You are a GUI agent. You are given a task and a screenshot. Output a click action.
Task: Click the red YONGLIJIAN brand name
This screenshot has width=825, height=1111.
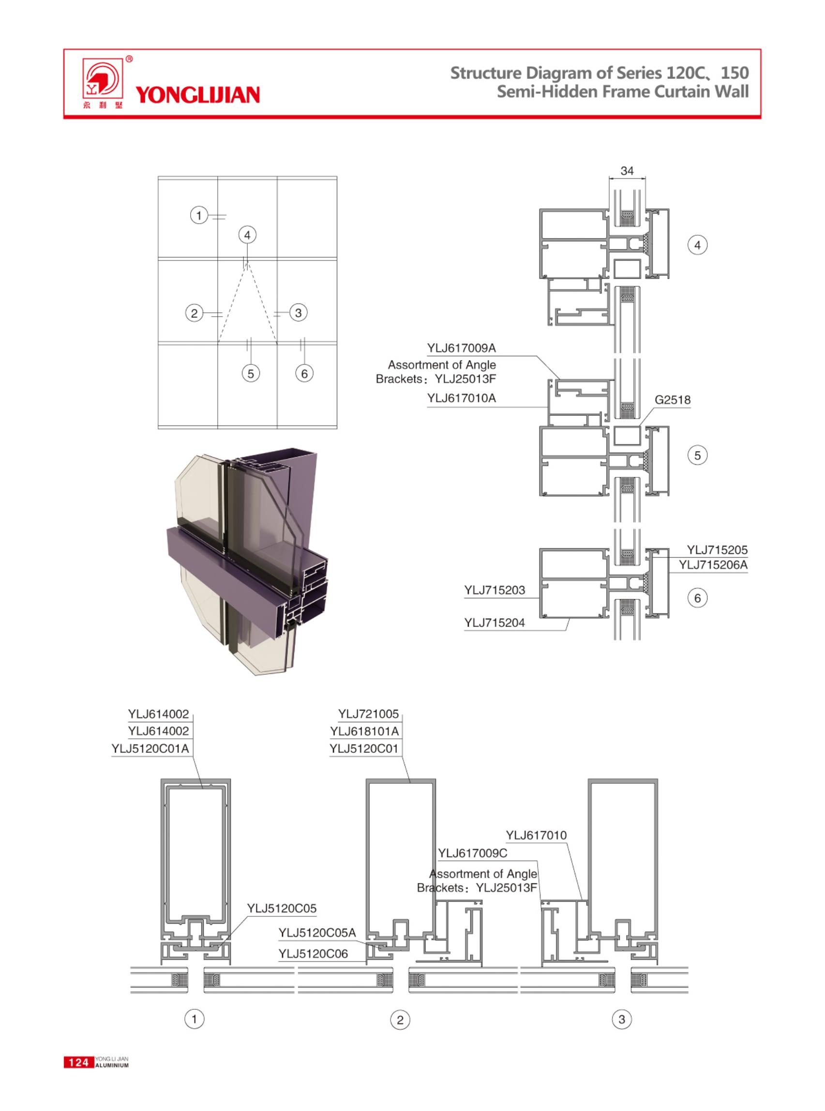(197, 94)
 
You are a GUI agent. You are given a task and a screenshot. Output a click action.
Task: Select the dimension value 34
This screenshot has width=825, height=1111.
(627, 171)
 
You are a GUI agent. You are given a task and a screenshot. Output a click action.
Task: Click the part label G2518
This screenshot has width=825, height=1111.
(672, 400)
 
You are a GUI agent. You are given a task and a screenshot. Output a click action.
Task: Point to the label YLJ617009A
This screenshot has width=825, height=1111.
(461, 348)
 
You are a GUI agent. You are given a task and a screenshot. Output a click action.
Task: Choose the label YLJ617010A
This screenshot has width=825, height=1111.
(461, 398)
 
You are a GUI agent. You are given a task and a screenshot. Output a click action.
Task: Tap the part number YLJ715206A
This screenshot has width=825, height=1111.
(713, 565)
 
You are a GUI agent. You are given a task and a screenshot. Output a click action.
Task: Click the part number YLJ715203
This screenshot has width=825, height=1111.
(495, 590)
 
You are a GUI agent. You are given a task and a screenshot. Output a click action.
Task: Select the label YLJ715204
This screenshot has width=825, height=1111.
(495, 623)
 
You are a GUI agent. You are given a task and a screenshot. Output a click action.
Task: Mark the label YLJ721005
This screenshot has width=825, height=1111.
(368, 714)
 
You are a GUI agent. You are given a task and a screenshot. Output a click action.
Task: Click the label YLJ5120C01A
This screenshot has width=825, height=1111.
(150, 748)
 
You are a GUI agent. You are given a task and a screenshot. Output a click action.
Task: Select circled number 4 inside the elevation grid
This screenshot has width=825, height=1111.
(247, 235)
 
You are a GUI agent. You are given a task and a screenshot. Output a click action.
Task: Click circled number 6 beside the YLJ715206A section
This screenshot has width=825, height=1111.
(697, 598)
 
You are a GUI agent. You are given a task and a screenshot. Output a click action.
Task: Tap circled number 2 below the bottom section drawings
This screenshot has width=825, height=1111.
(400, 1020)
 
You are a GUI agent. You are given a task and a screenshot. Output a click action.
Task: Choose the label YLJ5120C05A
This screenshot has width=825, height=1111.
(316, 932)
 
